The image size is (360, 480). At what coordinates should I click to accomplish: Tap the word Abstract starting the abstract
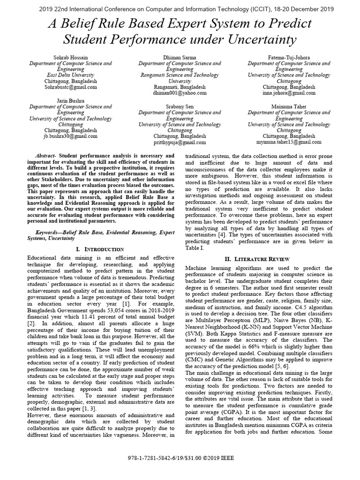(46, 155)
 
